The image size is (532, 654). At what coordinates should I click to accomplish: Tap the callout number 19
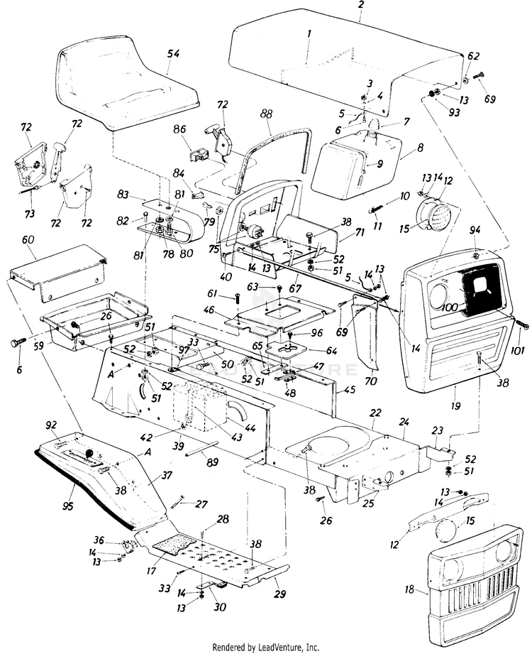point(455,406)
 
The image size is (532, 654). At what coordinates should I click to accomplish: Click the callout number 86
point(179,130)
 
